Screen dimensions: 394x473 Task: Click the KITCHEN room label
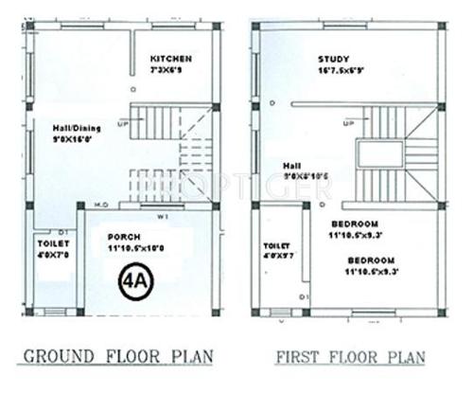172,60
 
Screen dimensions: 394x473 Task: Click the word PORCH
125,236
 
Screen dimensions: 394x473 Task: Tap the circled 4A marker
133,282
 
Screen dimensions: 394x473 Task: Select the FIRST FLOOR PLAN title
358,357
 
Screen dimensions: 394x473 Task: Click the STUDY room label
333,61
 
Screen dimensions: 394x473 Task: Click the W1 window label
162,214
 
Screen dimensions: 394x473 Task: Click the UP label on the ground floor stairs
122,123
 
